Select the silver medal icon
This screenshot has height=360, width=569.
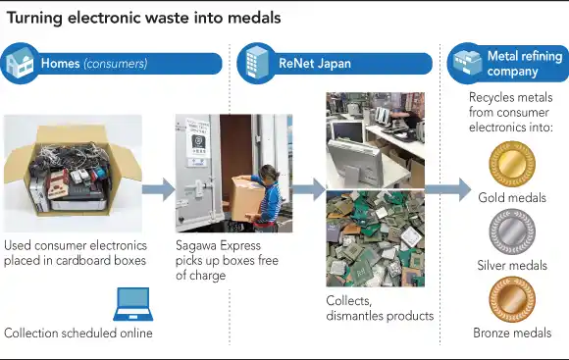512,232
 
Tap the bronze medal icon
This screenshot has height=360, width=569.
512,301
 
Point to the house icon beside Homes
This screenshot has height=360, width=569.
21,64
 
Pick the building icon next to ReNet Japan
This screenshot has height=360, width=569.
257,62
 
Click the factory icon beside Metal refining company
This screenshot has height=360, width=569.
466,64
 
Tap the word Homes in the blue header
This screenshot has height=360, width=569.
61,65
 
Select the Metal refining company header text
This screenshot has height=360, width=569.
525,64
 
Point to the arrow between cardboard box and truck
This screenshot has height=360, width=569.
157,189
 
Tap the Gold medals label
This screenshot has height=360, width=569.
512,198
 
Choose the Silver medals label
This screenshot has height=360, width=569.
512,266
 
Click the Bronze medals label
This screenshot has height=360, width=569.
512,334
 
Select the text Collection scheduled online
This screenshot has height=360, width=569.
78,334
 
